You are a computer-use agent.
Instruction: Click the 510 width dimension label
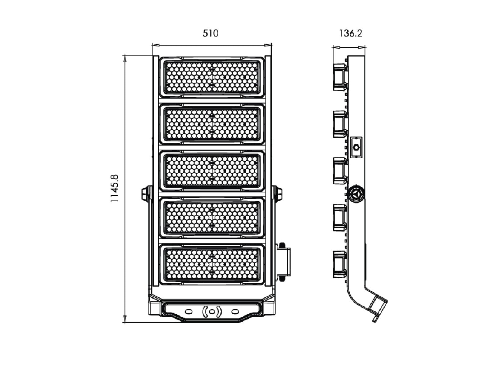tap(210, 33)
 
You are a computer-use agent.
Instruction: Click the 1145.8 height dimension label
tap(114, 189)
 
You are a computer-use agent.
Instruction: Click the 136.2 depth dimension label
tap(350, 33)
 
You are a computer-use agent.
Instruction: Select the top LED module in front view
tap(212, 77)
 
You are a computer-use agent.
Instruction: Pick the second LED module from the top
tap(212, 124)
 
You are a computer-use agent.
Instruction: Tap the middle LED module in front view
tap(212, 171)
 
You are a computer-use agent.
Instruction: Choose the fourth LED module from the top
tap(212, 218)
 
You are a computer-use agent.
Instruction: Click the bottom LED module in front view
tap(212, 265)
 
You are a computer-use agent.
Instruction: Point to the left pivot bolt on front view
tap(147, 194)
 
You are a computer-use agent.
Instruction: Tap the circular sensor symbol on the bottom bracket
tap(212, 312)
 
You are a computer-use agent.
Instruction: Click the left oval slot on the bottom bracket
tap(189, 312)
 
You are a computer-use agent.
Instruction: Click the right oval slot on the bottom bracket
tap(235, 312)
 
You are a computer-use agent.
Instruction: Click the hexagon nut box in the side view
tap(356, 148)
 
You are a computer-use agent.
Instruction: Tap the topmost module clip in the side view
tap(340, 77)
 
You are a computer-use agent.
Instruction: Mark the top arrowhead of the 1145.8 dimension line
tap(124, 59)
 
